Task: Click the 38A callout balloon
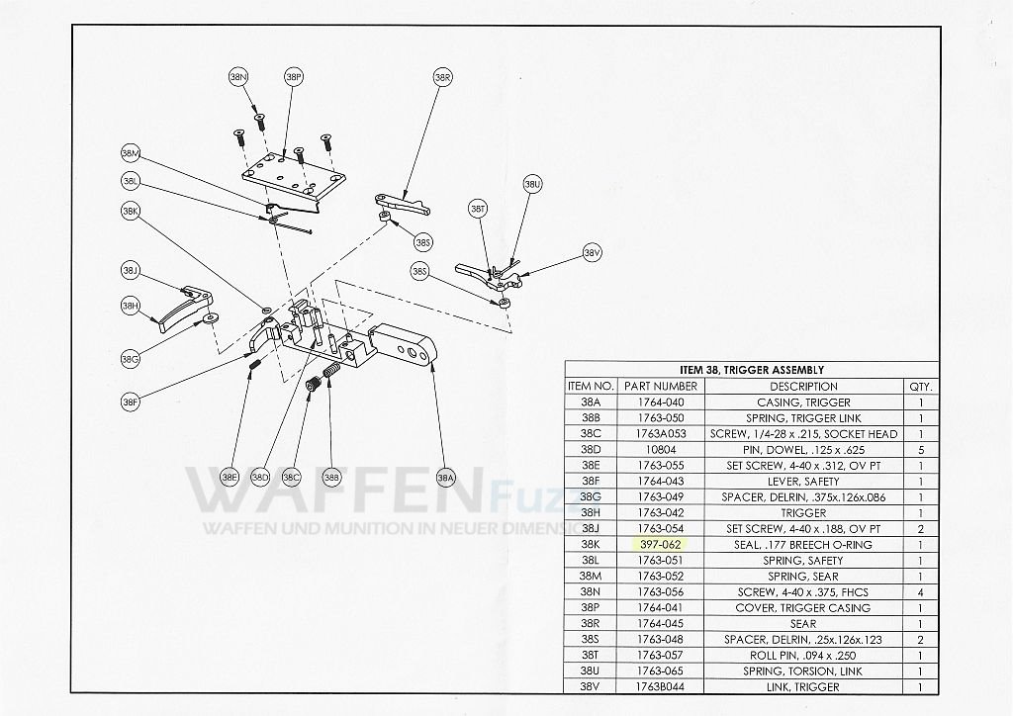446,477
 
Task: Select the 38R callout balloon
442,77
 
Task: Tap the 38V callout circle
592,253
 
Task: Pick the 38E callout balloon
230,477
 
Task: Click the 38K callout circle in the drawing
131,212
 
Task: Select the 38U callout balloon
532,185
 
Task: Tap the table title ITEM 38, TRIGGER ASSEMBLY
751,370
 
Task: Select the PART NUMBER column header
662,387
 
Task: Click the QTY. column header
919,387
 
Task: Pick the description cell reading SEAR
802,624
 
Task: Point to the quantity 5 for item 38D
919,450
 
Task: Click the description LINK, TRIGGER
802,687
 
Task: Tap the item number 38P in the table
591,608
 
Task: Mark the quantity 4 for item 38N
919,592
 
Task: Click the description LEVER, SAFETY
802,482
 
